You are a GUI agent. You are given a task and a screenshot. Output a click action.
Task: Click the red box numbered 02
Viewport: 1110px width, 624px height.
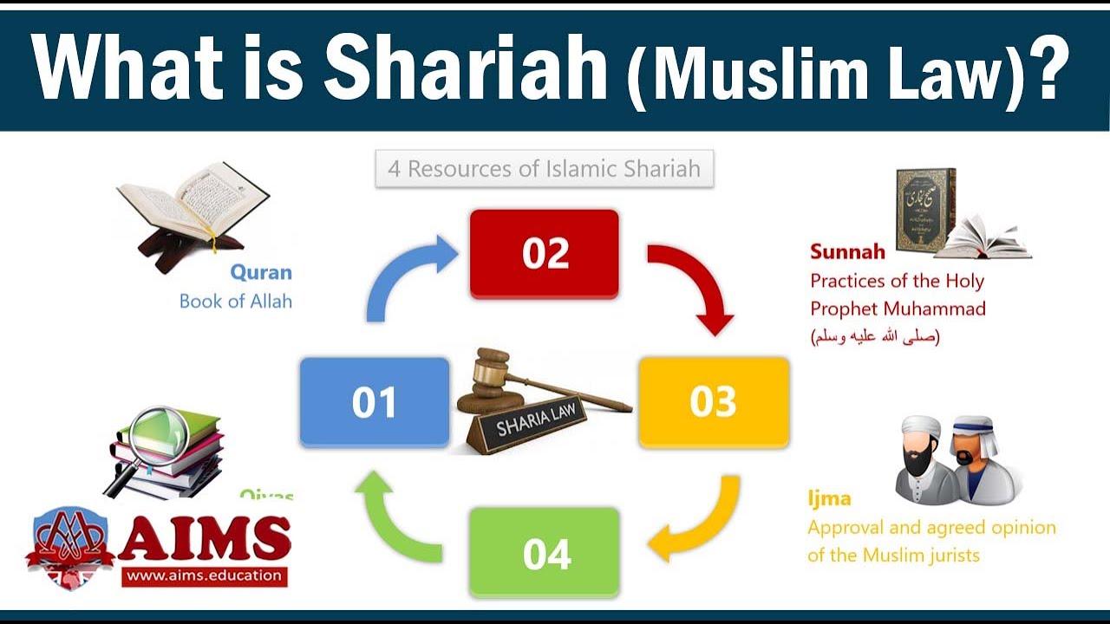coord(545,253)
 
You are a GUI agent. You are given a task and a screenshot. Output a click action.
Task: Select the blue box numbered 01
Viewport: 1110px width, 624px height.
coord(375,402)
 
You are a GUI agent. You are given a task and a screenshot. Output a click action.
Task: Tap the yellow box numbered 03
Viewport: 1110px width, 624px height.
coord(714,401)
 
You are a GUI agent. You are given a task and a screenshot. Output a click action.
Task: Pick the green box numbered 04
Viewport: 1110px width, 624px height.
coord(545,553)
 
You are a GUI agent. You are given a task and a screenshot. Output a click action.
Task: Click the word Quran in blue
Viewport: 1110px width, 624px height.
coord(261,272)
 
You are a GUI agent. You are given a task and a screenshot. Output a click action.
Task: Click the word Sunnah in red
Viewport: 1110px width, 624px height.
coord(847,252)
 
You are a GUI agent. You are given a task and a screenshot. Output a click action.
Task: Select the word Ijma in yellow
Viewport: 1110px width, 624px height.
coord(829,498)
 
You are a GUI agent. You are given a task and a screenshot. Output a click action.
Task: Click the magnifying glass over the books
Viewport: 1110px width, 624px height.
coord(153,433)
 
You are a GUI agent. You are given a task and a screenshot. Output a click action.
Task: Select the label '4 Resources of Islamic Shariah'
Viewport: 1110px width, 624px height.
coord(544,169)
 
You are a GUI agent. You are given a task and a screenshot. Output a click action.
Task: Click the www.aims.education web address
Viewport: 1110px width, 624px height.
coord(204,575)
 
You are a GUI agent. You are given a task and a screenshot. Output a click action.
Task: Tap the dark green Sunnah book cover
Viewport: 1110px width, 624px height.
coord(924,211)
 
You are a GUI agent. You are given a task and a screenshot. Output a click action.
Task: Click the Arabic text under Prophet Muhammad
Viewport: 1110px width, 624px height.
coord(875,336)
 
